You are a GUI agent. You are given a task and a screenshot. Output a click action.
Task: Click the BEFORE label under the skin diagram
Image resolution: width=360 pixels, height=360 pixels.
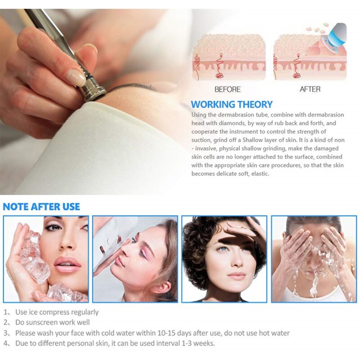tap(227, 89)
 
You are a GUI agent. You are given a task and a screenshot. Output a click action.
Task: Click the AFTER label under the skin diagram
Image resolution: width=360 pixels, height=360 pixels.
tap(310, 89)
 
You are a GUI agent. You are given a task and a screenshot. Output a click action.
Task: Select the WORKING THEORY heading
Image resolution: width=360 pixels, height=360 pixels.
tap(232, 104)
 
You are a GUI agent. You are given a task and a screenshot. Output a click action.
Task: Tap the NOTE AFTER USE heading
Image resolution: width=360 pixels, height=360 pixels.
tap(41, 207)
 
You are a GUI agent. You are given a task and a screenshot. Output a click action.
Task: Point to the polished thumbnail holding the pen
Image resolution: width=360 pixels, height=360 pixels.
tap(76, 77)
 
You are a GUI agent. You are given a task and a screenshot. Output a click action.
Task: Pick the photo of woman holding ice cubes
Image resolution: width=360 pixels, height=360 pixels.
tap(46, 259)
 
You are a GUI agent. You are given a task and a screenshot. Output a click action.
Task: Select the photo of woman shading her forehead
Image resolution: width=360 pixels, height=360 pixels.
tap(224, 259)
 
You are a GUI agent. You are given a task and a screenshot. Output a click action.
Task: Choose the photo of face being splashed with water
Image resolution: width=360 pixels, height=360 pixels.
tap(314, 259)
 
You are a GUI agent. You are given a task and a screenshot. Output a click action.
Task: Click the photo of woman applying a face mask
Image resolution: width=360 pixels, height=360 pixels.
tap(135, 259)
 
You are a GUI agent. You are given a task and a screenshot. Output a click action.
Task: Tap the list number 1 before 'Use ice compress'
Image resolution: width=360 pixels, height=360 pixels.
tap(6, 312)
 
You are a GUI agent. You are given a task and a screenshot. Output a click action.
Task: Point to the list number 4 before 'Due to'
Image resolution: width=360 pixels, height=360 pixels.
tap(6, 343)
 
